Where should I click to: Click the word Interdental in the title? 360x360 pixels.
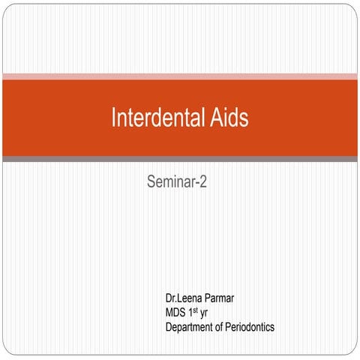click(x=157, y=118)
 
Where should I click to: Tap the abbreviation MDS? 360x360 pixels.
click(x=176, y=313)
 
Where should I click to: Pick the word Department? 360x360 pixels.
click(x=193, y=327)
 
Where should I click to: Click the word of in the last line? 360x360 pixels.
click(x=229, y=327)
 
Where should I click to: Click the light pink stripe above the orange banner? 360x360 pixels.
click(x=180, y=76)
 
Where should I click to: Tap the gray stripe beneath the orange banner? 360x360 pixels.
click(x=180, y=159)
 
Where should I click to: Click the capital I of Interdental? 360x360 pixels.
click(x=113, y=118)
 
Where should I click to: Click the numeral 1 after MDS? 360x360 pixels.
click(x=193, y=313)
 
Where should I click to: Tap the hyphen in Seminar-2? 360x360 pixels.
click(x=196, y=183)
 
